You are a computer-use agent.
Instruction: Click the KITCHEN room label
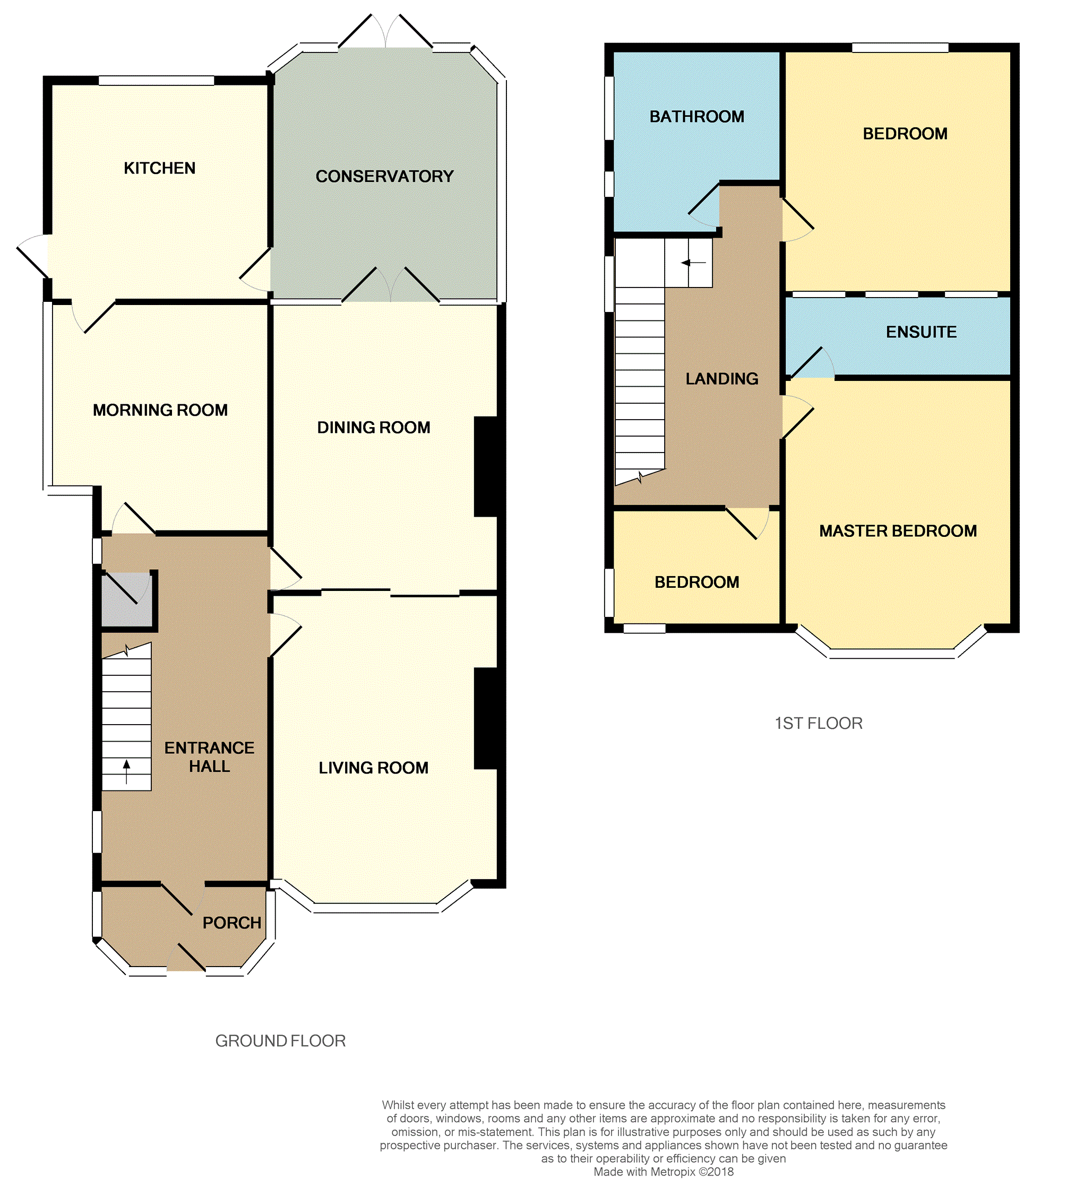[x=159, y=168]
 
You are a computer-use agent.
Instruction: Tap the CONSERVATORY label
[x=384, y=176]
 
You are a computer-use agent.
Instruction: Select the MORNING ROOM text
[x=160, y=410]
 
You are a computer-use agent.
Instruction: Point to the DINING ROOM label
[x=373, y=427]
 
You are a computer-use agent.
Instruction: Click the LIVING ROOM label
[x=373, y=768]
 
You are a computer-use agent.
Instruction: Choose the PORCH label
[x=231, y=923]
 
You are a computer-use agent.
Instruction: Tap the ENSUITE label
[x=921, y=332]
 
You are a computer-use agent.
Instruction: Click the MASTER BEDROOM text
[x=898, y=531]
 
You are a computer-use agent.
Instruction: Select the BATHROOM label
[x=696, y=117]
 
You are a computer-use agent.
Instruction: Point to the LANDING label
[x=721, y=379]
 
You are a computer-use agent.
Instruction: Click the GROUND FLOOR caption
[x=280, y=1041]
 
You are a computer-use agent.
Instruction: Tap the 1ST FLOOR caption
[x=819, y=724]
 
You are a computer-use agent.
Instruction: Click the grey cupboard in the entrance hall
[x=126, y=599]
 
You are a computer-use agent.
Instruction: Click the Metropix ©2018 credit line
[x=664, y=1172]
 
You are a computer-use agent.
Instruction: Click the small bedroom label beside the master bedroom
[x=696, y=582]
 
